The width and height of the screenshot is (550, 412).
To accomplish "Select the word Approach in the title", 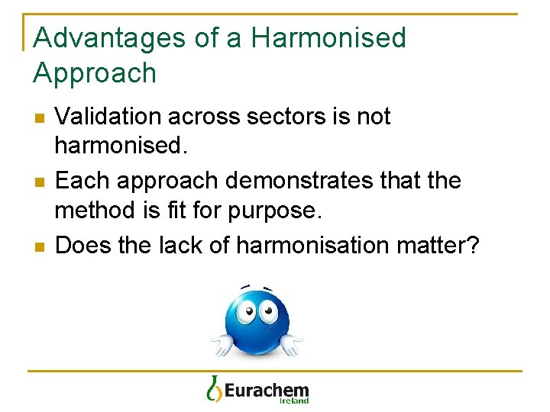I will coord(95,73).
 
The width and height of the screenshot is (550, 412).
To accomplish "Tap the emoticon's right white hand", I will coord(290,346).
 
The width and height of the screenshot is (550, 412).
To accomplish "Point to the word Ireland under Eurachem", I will coord(294,401).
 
